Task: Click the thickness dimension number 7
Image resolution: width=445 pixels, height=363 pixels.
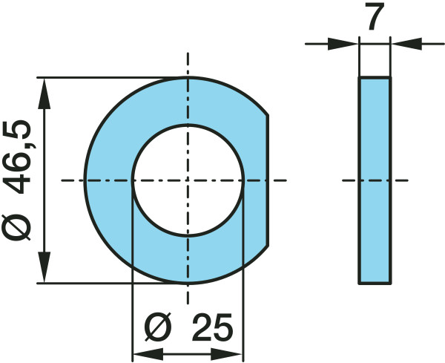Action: click(375, 18)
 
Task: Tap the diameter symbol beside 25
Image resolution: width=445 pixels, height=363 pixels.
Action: click(159, 327)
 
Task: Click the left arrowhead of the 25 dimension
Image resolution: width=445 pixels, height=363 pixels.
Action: click(142, 352)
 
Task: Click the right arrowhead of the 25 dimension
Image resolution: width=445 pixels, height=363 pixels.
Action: click(234, 352)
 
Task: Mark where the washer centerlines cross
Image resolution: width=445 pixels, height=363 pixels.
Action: click(188, 180)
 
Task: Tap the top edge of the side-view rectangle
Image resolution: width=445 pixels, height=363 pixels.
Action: click(375, 77)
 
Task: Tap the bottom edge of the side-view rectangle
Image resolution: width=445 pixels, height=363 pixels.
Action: click(375, 283)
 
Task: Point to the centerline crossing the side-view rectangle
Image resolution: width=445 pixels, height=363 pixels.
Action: click(375, 180)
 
